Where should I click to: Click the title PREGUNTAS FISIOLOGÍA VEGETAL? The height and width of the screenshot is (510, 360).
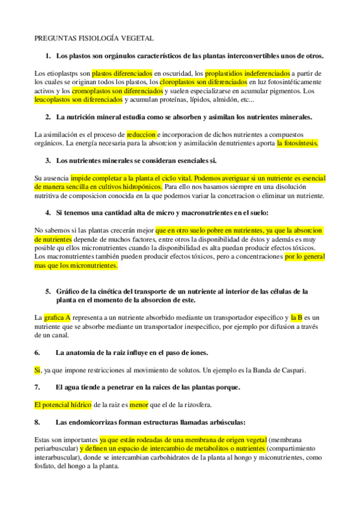pos(93,38)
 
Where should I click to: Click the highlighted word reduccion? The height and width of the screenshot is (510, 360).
pos(142,134)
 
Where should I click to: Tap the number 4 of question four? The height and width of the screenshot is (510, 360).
pos(47,213)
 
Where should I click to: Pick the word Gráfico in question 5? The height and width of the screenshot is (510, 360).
pos(70,291)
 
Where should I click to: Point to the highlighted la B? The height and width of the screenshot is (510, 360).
pos(297,317)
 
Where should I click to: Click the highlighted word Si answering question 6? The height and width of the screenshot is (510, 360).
pos(37,370)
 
